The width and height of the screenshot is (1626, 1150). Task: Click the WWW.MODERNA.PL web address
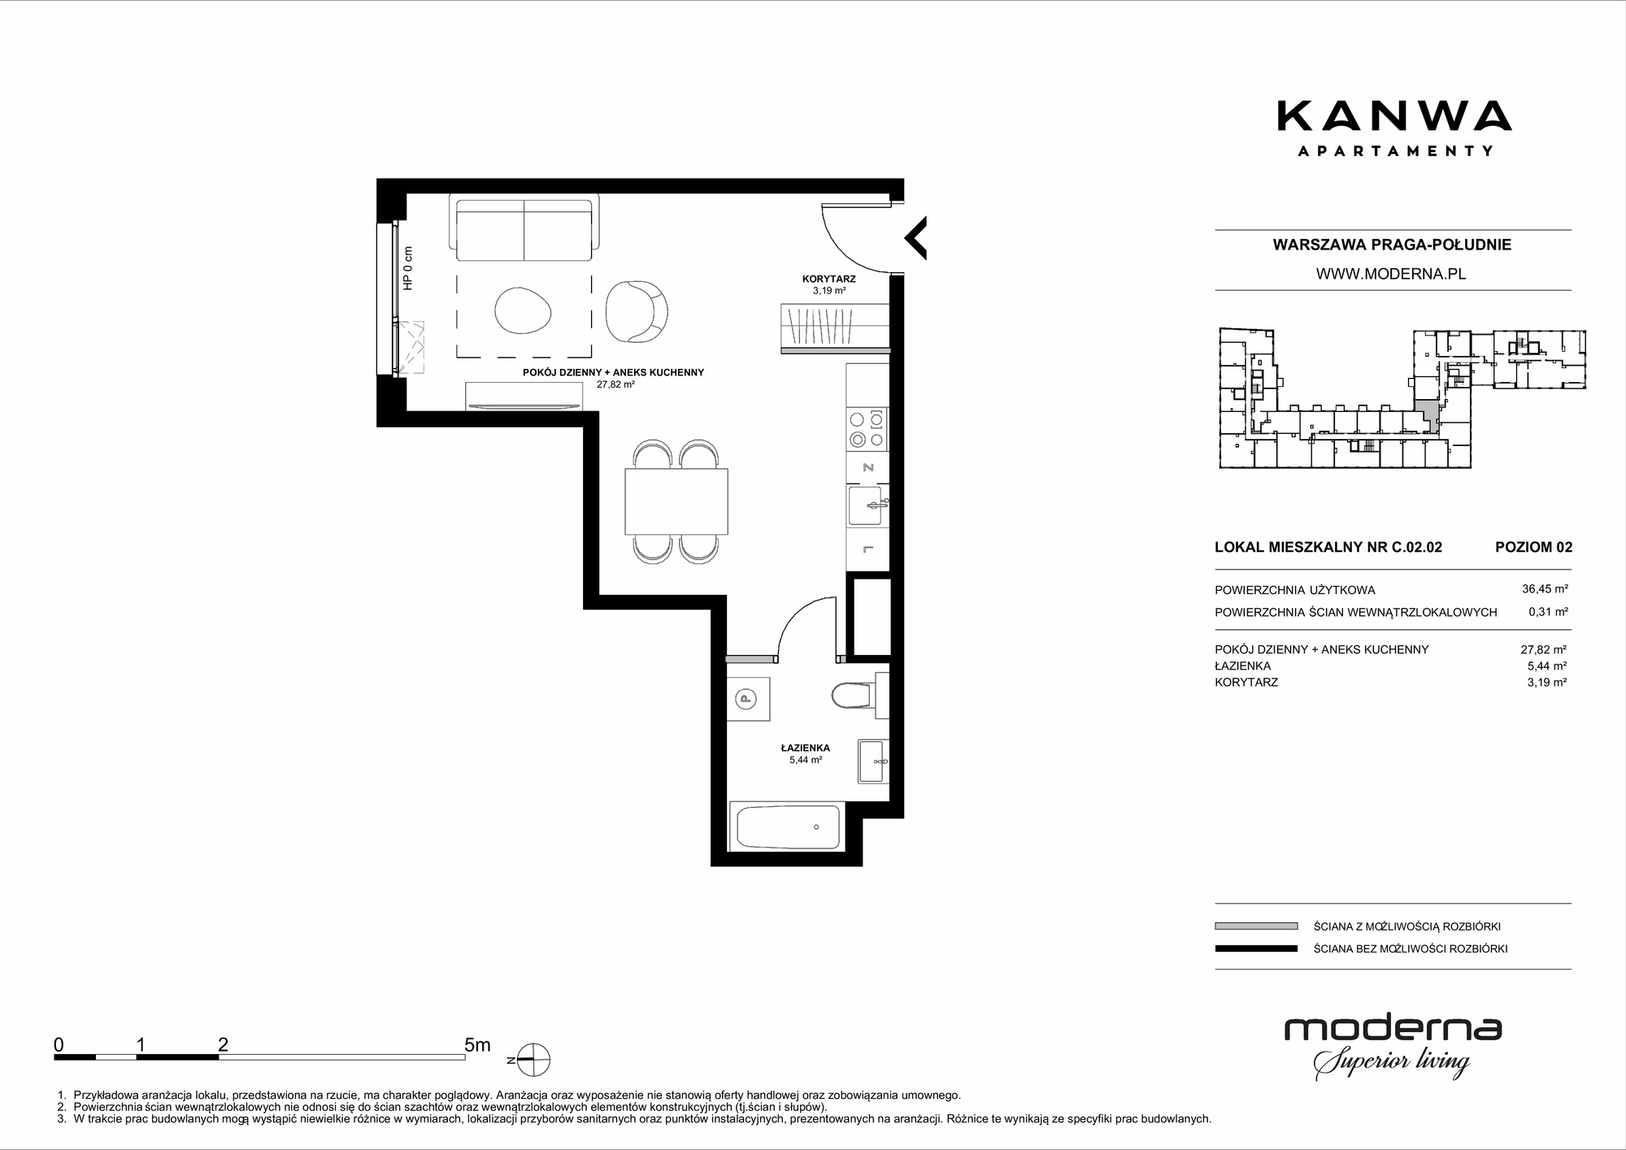pyautogui.click(x=1391, y=274)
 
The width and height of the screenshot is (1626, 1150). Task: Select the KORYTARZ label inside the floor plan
pyautogui.click(x=828, y=279)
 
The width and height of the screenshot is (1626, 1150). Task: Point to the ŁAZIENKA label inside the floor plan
pyautogui.click(x=805, y=748)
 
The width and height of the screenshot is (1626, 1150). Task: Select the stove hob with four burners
pyautogui.click(x=867, y=430)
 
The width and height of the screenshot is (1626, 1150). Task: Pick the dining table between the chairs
pyautogui.click(x=676, y=501)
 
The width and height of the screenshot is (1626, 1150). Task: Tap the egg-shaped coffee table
pyautogui.click(x=524, y=310)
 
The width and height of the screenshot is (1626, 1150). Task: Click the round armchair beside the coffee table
pyautogui.click(x=637, y=312)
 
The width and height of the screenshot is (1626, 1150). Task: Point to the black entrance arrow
pyautogui.click(x=916, y=238)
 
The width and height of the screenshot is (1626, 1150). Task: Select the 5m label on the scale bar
pyautogui.click(x=477, y=1045)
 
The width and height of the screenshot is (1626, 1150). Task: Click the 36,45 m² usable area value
pyautogui.click(x=1545, y=589)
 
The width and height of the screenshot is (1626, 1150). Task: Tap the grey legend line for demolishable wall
pyautogui.click(x=1256, y=926)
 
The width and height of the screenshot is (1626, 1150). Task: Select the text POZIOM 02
pyautogui.click(x=1533, y=547)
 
